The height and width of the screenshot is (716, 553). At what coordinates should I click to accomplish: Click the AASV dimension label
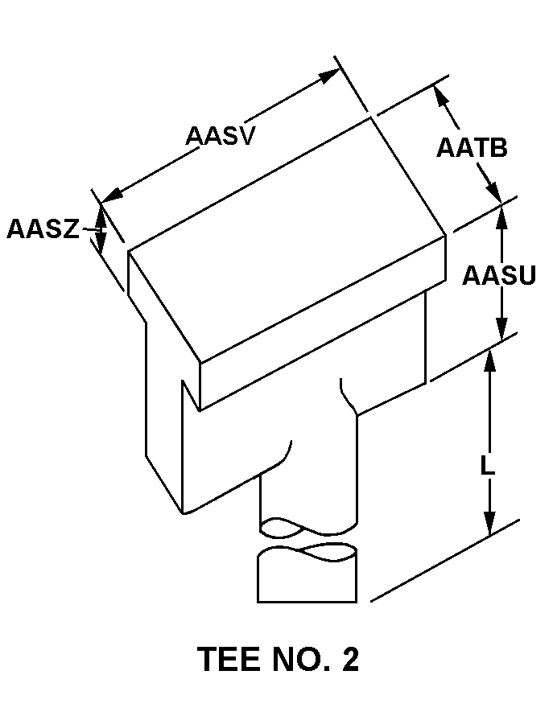tap(220, 135)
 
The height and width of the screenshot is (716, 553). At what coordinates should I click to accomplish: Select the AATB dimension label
tap(472, 148)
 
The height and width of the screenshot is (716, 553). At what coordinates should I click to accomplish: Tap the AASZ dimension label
tap(43, 229)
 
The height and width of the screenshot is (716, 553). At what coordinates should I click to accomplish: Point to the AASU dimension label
tap(499, 276)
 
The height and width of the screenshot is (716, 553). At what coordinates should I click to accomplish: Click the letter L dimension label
tap(487, 467)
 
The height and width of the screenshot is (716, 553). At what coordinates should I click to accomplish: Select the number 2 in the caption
tap(350, 660)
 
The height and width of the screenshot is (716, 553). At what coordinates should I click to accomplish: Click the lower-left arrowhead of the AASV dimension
tap(112, 195)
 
